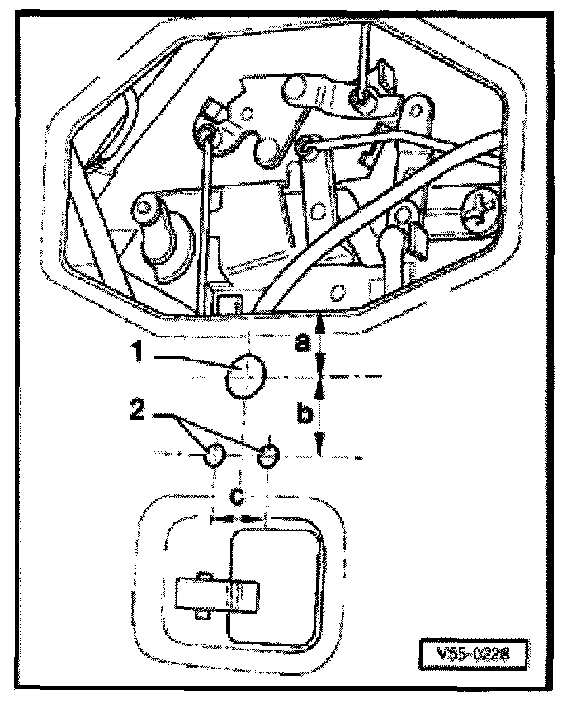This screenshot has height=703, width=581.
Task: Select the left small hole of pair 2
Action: (214, 454)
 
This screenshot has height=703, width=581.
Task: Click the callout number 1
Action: (141, 353)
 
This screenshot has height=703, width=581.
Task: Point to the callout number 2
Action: (141, 409)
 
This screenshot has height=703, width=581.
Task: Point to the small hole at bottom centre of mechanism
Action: (337, 293)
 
